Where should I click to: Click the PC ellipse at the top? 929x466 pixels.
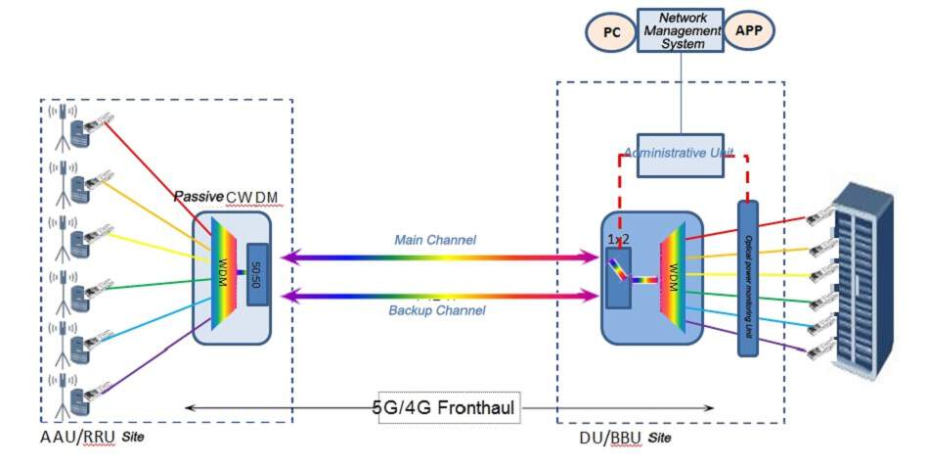610,31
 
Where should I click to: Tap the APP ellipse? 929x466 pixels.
748,31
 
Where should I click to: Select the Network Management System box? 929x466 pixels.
681,31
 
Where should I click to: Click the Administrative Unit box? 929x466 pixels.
681,155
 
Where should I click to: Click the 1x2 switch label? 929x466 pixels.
619,238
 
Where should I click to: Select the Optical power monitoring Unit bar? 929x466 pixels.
748,277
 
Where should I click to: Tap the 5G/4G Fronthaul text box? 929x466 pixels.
446,406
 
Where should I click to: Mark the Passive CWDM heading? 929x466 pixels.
226,198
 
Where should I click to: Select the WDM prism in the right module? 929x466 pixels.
674,270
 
